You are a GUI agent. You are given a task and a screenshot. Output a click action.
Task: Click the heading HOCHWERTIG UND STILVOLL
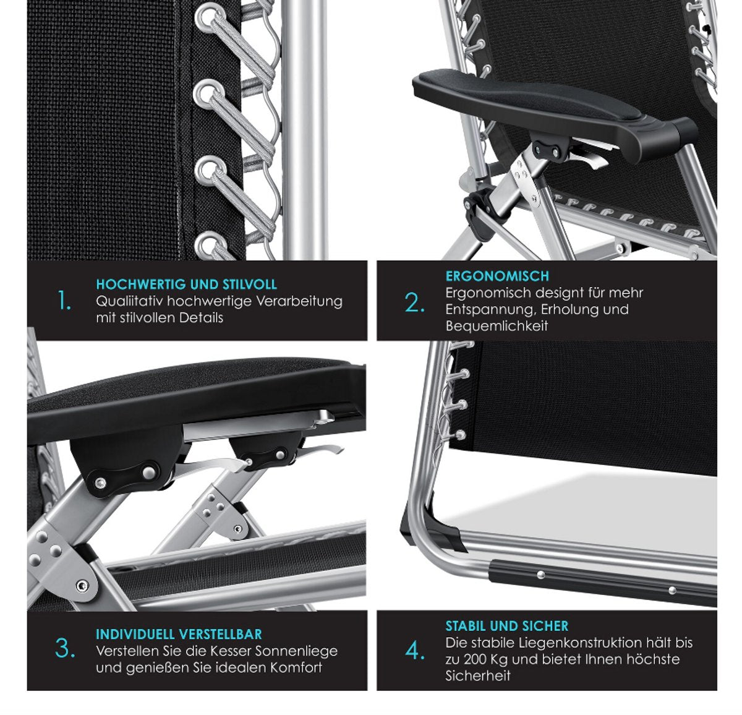[186, 285]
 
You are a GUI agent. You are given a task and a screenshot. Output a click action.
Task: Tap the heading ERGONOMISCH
[497, 276]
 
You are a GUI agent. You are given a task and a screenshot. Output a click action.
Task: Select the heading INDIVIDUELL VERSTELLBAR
[179, 634]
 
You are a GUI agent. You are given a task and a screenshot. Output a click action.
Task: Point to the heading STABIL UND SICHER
[507, 626]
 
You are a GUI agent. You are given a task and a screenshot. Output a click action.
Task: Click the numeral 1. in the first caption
[64, 301]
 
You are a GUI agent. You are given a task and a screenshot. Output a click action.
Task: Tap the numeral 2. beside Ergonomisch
[414, 303]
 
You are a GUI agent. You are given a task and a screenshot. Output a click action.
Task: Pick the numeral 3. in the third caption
[65, 649]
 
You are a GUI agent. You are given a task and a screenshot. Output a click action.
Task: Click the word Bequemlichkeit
[497, 326]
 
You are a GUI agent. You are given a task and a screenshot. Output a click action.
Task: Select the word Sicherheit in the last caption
[477, 676]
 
